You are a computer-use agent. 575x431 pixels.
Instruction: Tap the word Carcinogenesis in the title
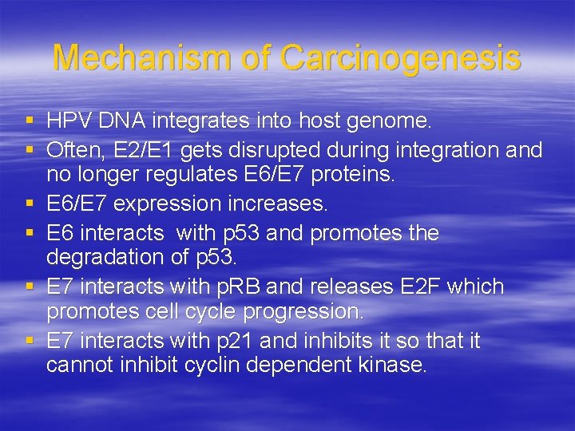401,58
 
